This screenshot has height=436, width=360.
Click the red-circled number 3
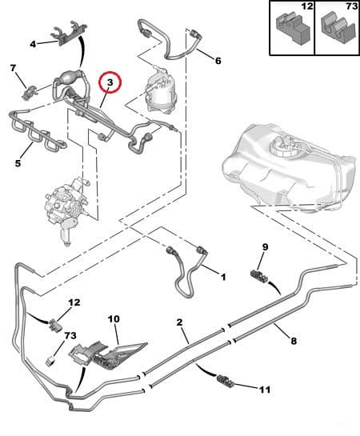coord(110,82)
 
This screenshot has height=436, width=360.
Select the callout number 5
coord(18,165)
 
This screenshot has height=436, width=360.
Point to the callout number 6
coord(218,61)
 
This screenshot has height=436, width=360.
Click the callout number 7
coord(14,70)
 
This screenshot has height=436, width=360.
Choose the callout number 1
coord(223,277)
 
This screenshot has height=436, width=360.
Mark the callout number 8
coord(293,341)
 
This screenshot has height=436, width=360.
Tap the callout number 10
coord(114,318)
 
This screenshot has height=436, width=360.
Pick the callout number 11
coord(266,390)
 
